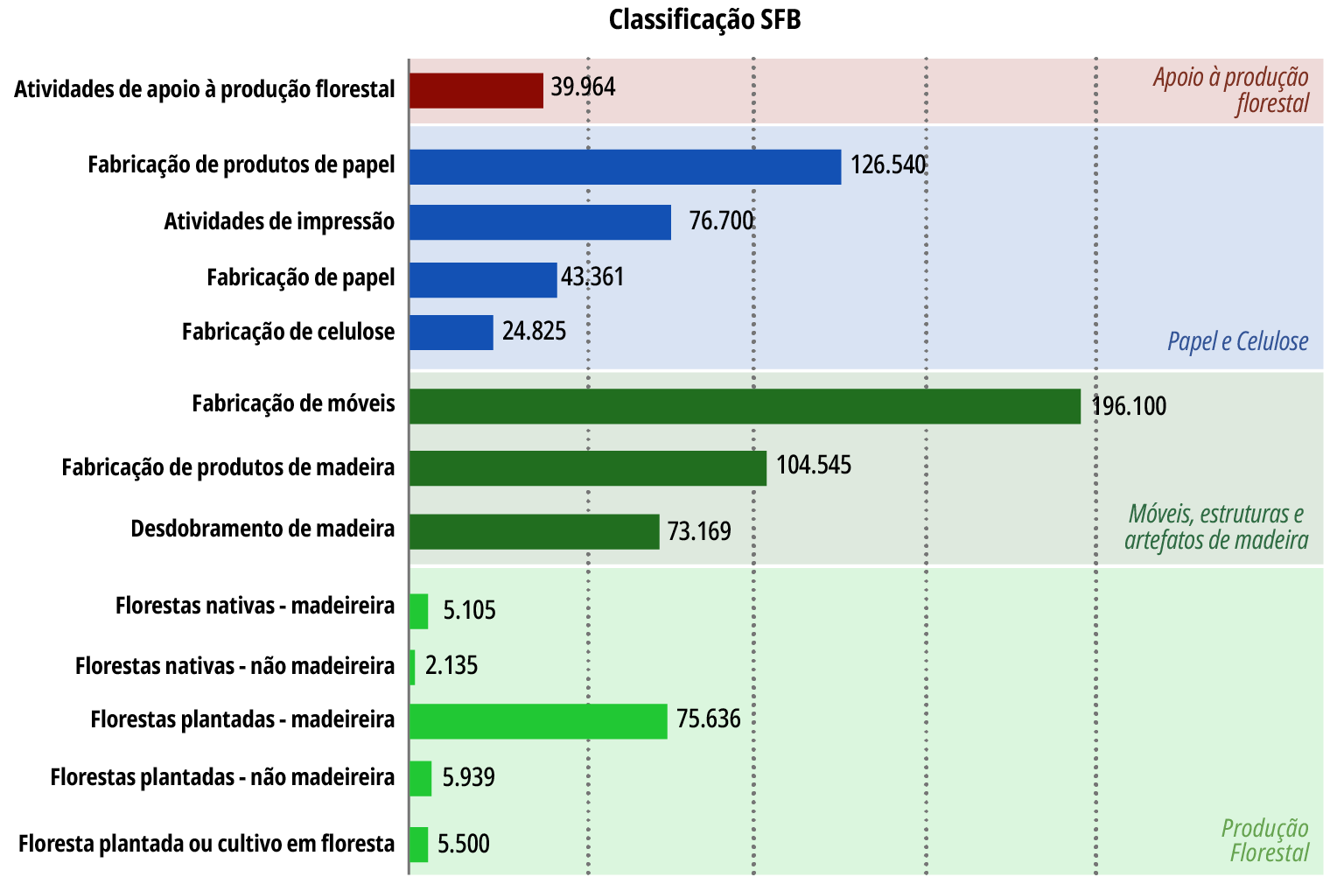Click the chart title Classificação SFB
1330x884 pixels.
coord(704,19)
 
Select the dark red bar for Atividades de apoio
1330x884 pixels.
coord(476,90)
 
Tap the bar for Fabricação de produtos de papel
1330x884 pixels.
coord(625,167)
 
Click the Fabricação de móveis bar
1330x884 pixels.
coord(745,406)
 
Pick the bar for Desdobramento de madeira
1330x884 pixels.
coord(534,531)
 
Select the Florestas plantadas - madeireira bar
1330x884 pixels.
coord(538,721)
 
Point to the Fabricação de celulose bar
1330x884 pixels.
coord(451,333)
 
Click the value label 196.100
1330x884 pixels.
coord(1129,406)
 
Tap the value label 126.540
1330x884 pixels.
coord(887,165)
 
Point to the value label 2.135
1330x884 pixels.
coord(451,665)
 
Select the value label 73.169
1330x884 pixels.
coord(699,531)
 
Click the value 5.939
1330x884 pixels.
coord(468,777)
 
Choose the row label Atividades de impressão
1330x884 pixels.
coord(279,221)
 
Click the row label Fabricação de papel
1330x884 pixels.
coord(300,277)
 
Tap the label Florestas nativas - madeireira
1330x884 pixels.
coord(255,606)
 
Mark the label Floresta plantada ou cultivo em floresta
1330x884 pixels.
coord(206,844)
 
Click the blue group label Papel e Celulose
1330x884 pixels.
coord(1237,341)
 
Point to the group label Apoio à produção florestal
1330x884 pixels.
coord(1230,90)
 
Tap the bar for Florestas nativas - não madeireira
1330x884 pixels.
coord(412,668)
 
